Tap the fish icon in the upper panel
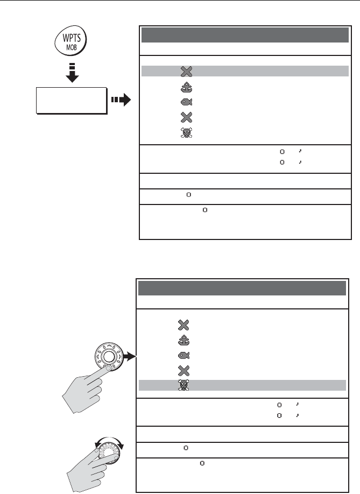pyautogui.click(x=185, y=102)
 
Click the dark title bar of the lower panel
pyautogui.click(x=242, y=288)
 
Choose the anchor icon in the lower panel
pyautogui.click(x=182, y=341)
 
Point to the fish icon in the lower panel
pyautogui.click(x=182, y=356)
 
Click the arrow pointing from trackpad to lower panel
pyautogui.click(x=130, y=356)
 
